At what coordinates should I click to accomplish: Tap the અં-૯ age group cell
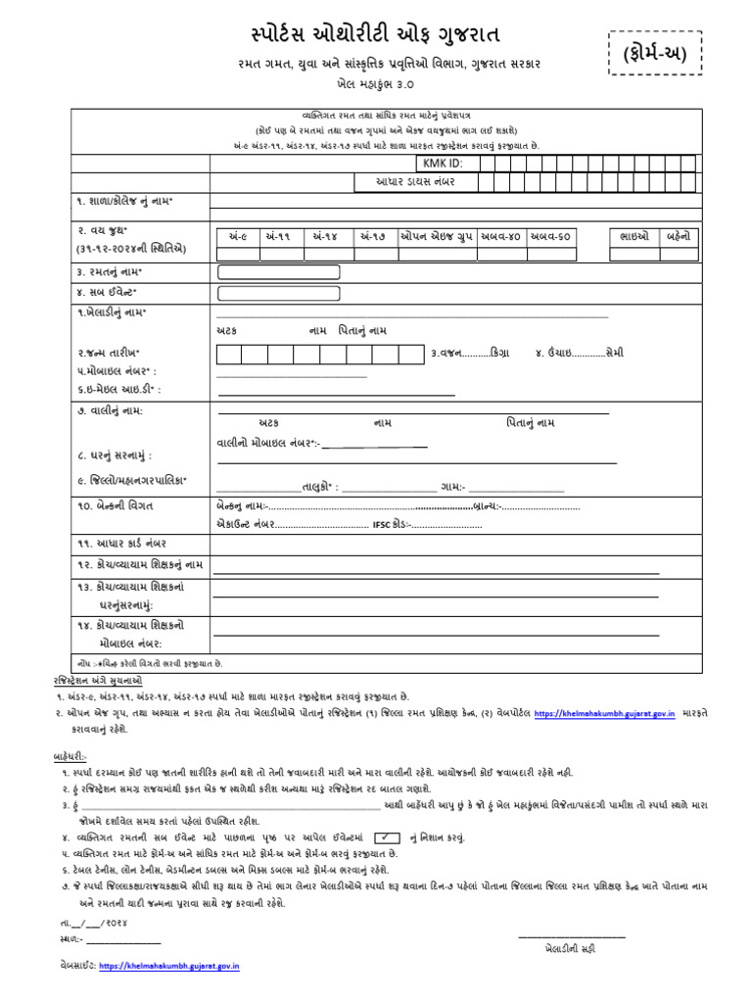pyautogui.click(x=237, y=236)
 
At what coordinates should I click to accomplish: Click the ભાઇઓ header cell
pyautogui.click(x=635, y=236)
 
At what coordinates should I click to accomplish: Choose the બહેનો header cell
pyautogui.click(x=679, y=236)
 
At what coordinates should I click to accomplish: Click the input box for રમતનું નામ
pyautogui.click(x=279, y=271)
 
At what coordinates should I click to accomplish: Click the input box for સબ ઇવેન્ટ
pyautogui.click(x=279, y=293)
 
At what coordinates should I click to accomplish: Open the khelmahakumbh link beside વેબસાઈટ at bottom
pyautogui.click(x=182, y=966)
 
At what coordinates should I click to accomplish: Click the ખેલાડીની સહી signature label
pyautogui.click(x=572, y=949)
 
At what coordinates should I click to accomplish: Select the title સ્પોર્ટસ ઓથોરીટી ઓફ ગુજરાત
pyautogui.click(x=376, y=36)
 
